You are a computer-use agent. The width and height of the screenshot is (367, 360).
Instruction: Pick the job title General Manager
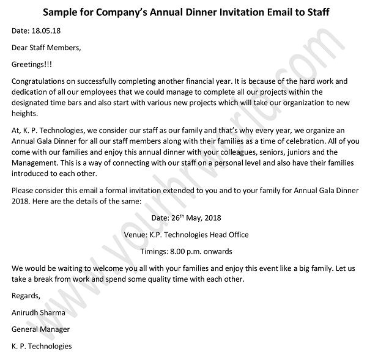[x=40, y=329]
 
